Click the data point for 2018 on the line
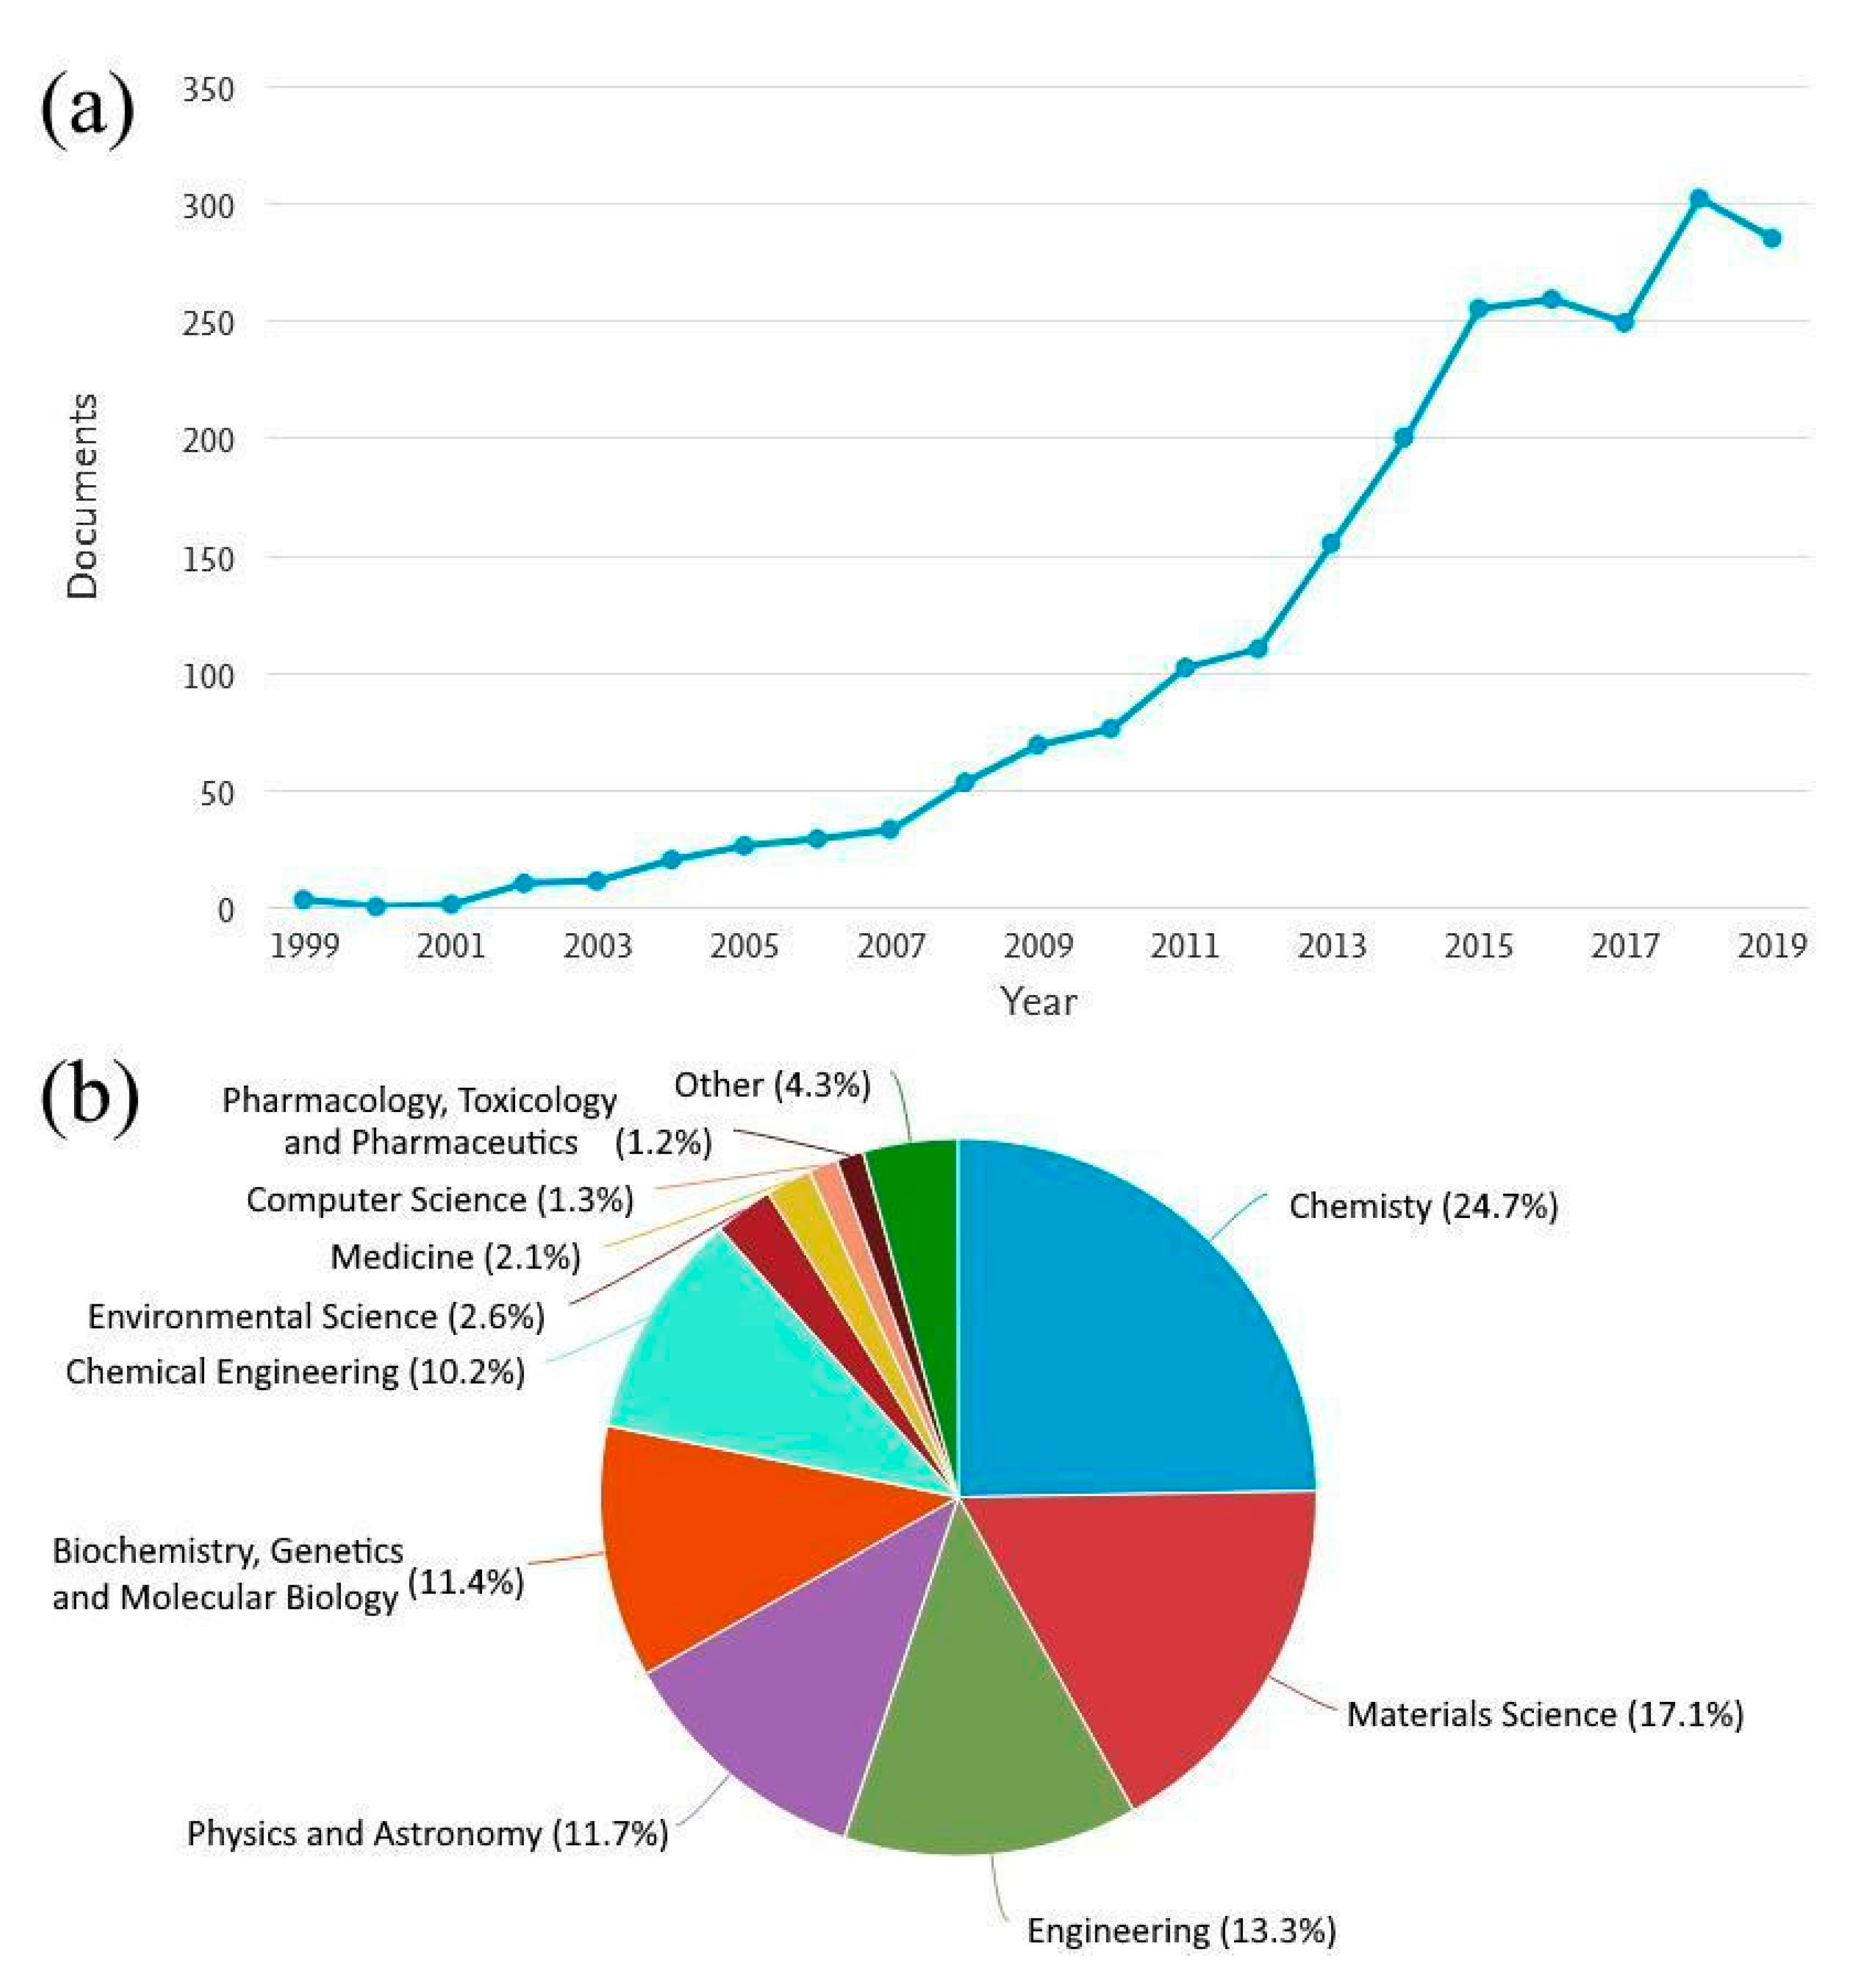(1699, 198)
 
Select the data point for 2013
(1331, 543)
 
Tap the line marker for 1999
(304, 899)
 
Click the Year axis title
(1038, 1001)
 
